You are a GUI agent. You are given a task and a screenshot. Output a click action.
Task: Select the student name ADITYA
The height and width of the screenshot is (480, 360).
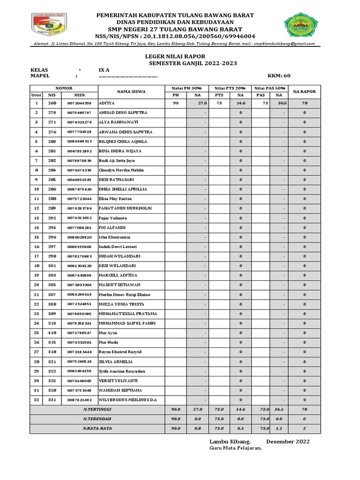pyautogui.click(x=106, y=103)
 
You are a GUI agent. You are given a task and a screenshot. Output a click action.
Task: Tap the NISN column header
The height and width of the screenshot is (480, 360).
pyautogui.click(x=79, y=95)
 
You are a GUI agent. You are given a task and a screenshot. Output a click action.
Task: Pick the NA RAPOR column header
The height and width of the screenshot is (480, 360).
pyautogui.click(x=304, y=92)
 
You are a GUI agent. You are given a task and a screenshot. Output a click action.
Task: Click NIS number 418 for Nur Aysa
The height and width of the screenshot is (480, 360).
pyautogui.click(x=52, y=333)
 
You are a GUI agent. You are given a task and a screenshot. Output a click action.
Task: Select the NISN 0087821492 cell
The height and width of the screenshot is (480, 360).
pyautogui.click(x=79, y=400)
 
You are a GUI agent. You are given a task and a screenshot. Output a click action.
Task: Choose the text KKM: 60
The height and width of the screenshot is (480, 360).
pyautogui.click(x=279, y=75)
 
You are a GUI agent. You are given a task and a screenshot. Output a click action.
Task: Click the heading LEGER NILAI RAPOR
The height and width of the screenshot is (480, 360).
pyautogui.click(x=168, y=56)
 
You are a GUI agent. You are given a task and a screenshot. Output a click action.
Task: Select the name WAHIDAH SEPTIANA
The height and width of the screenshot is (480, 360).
pyautogui.click(x=118, y=390)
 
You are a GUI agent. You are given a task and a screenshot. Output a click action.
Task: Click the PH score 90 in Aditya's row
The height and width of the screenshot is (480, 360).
pyautogui.click(x=176, y=103)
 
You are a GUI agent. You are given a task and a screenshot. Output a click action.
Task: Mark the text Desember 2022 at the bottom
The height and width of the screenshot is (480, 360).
pyautogui.click(x=288, y=442)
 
